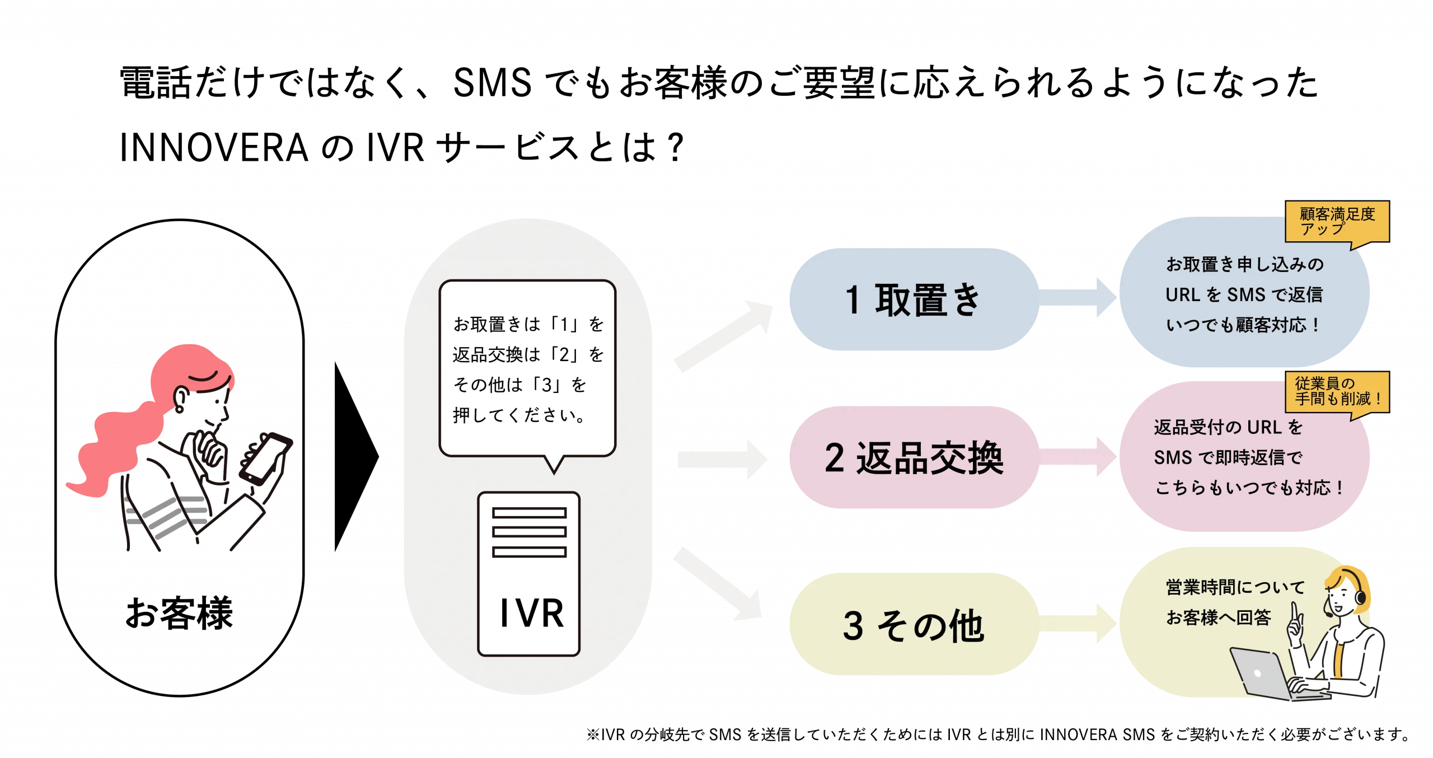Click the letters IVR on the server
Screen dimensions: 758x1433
[x=531, y=613]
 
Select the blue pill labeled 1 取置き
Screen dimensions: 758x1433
[x=913, y=300]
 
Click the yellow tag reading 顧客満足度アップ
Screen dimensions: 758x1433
[x=1337, y=222]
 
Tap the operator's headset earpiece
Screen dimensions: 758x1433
[x=1360, y=598]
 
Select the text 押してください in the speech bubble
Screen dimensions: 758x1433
[x=519, y=415]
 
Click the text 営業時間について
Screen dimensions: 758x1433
[x=1235, y=587]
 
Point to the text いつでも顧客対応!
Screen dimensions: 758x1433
[x=1243, y=325]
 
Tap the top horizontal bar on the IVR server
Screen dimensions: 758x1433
[x=529, y=513]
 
